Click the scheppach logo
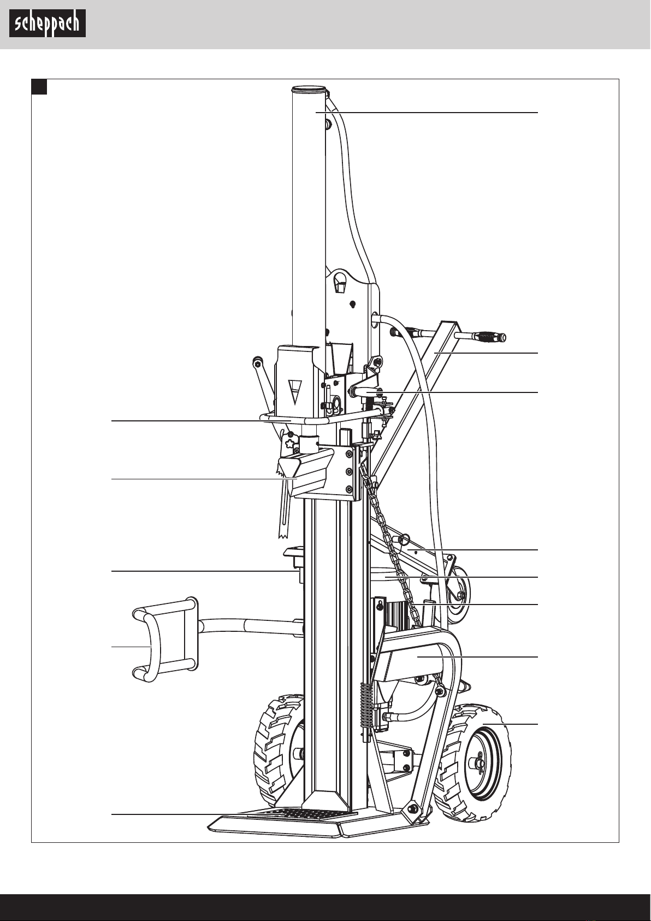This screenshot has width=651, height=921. (x=48, y=24)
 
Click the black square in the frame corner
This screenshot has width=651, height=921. (x=39, y=86)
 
